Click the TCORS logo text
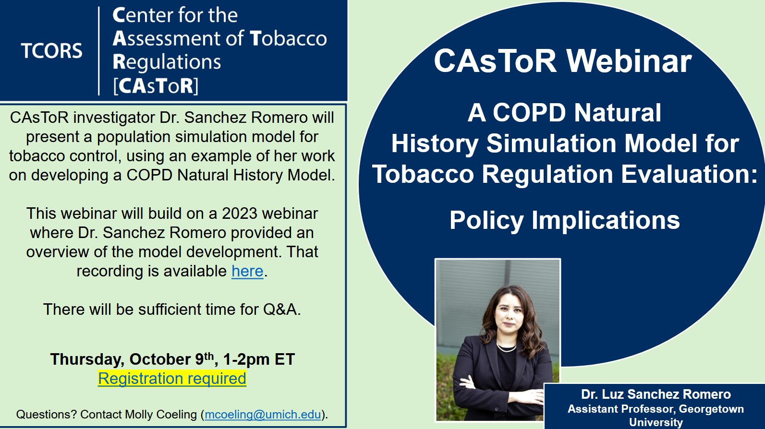tap(51, 51)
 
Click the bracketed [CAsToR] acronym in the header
tap(156, 86)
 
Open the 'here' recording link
tap(248, 271)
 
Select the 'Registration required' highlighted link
tap(172, 379)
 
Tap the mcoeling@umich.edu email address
tap(263, 414)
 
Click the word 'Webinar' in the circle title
tap(629, 61)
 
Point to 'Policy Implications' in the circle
tap(565, 220)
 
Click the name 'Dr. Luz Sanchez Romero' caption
tap(656, 394)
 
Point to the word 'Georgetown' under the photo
tap(711, 409)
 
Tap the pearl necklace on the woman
tap(506, 348)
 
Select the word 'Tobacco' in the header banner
tap(288, 38)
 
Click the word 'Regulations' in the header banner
tap(167, 62)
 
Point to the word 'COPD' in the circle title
tap(529, 113)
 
